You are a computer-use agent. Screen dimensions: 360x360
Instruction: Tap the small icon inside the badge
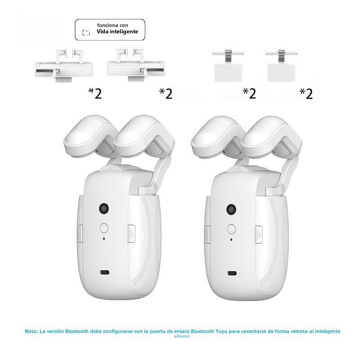pos(87,32)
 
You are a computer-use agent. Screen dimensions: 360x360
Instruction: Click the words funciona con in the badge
pos(116,26)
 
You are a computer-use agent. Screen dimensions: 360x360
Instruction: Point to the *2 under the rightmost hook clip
pos(306,93)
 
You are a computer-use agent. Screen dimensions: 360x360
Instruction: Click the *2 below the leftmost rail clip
pos(95,93)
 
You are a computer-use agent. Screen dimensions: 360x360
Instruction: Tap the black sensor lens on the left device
pos(104,209)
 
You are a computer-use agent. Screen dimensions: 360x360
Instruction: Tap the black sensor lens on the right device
pos(231,209)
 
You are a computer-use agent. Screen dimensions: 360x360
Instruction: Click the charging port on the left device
pos(105,273)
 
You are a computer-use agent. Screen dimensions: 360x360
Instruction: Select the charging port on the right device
pos(232,273)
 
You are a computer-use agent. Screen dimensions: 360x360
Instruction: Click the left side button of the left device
pos(80,233)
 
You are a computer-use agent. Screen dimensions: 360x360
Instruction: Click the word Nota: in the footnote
pos(31,331)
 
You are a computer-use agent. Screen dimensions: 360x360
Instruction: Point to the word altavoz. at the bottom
pos(182,336)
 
